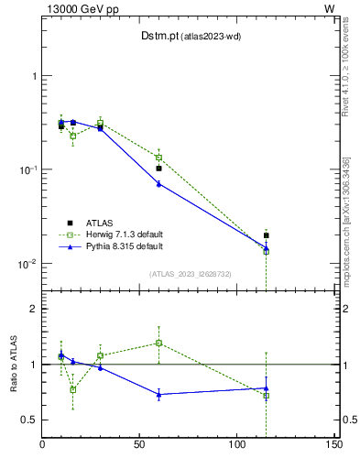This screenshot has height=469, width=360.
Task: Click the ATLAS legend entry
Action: click(x=101, y=223)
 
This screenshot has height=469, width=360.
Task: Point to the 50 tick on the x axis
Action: click(x=139, y=446)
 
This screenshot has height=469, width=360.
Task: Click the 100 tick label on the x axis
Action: click(x=236, y=446)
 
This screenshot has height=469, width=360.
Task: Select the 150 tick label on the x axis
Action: click(x=333, y=446)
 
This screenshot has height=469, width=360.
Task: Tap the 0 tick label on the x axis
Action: click(x=42, y=446)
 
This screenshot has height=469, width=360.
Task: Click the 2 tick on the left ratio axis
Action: click(x=34, y=309)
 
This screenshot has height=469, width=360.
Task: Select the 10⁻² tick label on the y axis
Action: click(x=27, y=264)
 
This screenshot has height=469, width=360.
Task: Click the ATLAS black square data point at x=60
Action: click(x=158, y=169)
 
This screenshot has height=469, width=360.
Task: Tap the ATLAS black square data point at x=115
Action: click(x=266, y=235)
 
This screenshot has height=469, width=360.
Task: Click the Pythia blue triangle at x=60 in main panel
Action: click(x=158, y=184)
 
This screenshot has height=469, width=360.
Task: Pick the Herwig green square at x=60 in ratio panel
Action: click(x=158, y=343)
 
